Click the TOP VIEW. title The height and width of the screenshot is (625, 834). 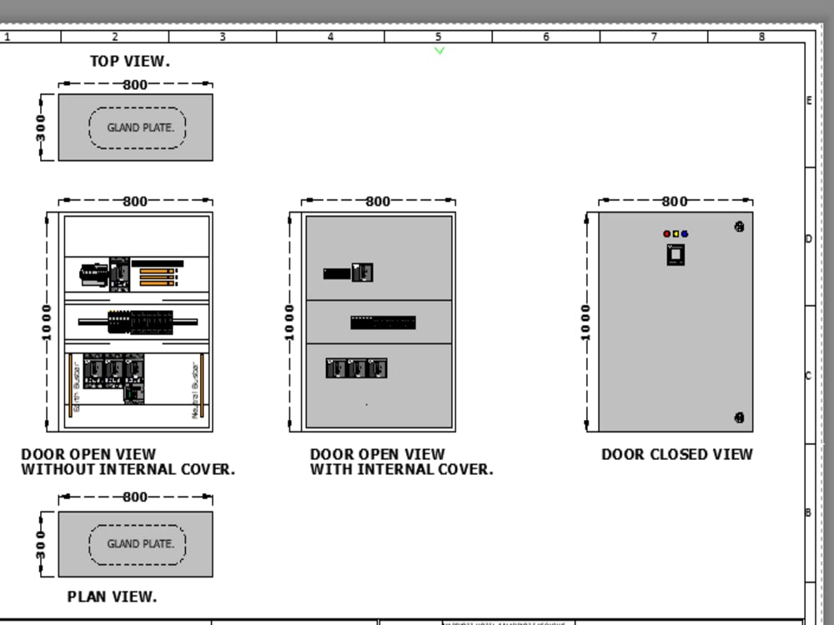(129, 61)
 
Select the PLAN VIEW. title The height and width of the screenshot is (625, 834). (112, 597)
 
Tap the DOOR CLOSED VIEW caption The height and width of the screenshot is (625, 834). (676, 454)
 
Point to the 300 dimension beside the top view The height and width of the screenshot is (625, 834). (41, 127)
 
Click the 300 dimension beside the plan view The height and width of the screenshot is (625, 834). (41, 544)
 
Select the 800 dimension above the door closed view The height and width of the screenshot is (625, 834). (675, 201)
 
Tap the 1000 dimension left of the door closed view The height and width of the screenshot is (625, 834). (585, 322)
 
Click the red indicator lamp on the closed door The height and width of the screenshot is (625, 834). (667, 234)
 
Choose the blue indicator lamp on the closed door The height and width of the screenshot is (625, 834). (685, 234)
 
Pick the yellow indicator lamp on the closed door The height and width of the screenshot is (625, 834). (676, 234)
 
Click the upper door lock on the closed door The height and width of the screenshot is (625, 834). (739, 226)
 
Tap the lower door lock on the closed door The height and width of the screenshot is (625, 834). (739, 417)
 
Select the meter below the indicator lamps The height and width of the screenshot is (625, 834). (676, 254)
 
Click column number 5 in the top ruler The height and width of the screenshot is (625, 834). (438, 37)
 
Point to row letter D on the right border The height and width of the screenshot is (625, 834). (808, 239)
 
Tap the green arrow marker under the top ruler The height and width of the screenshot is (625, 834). (440, 51)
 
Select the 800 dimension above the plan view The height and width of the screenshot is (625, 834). (135, 497)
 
